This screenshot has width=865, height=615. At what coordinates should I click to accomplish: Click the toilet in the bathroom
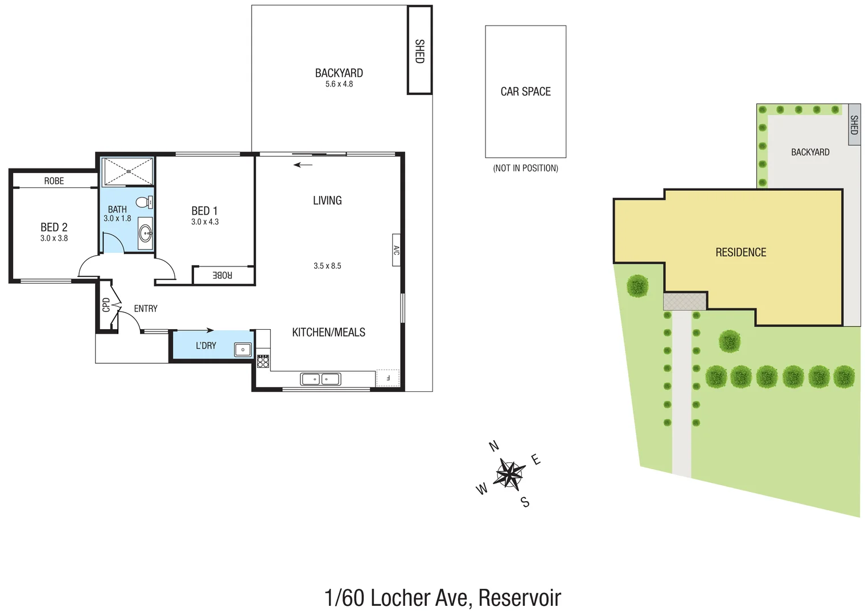pyautogui.click(x=144, y=202)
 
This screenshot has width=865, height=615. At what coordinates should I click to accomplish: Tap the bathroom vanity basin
pyautogui.click(x=146, y=232)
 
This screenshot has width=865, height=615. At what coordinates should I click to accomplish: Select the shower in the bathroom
pyautogui.click(x=127, y=171)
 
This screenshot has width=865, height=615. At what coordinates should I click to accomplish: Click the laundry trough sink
pyautogui.click(x=243, y=350)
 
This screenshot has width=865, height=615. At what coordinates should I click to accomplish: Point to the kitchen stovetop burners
pyautogui.click(x=263, y=361)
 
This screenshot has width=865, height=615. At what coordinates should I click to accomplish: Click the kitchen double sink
pyautogui.click(x=320, y=379)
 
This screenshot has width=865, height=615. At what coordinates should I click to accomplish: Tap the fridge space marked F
pyautogui.click(x=388, y=378)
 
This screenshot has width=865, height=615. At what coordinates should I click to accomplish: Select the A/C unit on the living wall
pyautogui.click(x=396, y=250)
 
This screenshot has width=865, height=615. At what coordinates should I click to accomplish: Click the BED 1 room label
pyautogui.click(x=204, y=211)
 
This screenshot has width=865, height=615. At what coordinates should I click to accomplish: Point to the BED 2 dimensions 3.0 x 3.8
pyautogui.click(x=54, y=238)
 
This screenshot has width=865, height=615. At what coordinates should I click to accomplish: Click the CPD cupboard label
pyautogui.click(x=106, y=305)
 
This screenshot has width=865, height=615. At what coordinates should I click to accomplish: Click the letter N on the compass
pyautogui.click(x=495, y=446)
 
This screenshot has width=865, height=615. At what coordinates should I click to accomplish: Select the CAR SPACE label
pyautogui.click(x=525, y=92)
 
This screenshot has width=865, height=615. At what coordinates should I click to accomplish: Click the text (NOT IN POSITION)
pyautogui.click(x=525, y=168)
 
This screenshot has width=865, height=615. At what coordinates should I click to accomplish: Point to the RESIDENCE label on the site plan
pyautogui.click(x=740, y=252)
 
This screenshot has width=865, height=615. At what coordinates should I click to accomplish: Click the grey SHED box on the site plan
pyautogui.click(x=854, y=125)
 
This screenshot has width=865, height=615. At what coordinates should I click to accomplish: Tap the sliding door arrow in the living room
pyautogui.click(x=303, y=165)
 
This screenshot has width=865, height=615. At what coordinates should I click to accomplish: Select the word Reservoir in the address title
pyautogui.click(x=520, y=598)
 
